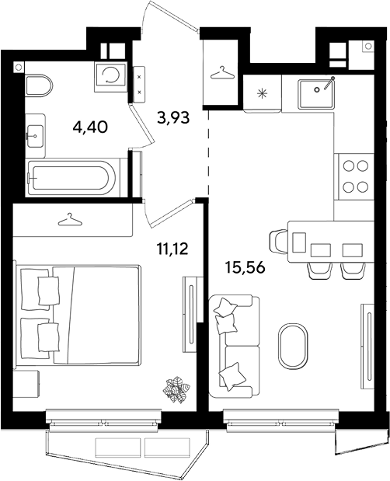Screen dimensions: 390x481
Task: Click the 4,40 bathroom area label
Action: pyautogui.click(x=90, y=127)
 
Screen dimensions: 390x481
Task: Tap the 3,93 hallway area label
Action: pyautogui.click(x=173, y=117)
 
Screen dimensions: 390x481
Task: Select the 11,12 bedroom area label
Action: pyautogui.click(x=172, y=249)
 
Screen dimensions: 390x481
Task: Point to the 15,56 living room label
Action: pyautogui.click(x=245, y=267)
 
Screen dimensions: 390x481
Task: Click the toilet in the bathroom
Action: pyautogui.click(x=39, y=85)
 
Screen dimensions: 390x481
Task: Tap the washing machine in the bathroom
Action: pyautogui.click(x=110, y=76)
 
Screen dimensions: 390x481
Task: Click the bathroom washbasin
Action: pyautogui.click(x=35, y=135)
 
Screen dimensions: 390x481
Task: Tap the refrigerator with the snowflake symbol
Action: pyautogui.click(x=263, y=93)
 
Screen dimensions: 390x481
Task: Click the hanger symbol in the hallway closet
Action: pyautogui.click(x=222, y=73)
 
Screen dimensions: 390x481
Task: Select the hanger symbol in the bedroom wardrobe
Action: pyautogui.click(x=70, y=220)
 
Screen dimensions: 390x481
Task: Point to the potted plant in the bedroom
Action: pyautogui.click(x=176, y=389)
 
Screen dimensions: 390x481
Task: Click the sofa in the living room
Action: pyautogui.click(x=234, y=347)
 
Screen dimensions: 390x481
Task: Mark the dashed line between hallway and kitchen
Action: pyautogui.click(x=208, y=152)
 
